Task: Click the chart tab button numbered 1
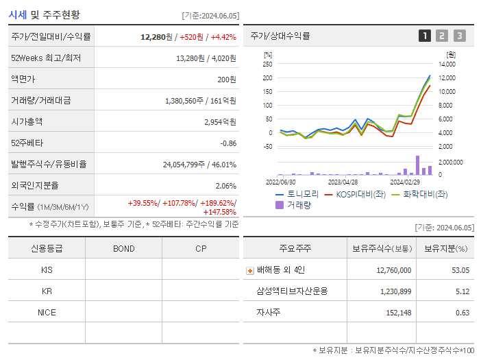(x=425, y=36)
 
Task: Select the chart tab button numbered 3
(x=459, y=36)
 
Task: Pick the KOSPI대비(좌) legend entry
(x=354, y=194)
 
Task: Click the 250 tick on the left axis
(x=267, y=64)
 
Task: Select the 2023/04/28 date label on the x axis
(x=343, y=182)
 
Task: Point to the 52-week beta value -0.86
(x=228, y=143)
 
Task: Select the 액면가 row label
(x=23, y=79)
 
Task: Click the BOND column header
(x=123, y=248)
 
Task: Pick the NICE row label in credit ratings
(x=47, y=312)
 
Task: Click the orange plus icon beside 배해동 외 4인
(x=250, y=270)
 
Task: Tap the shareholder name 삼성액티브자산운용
(x=291, y=291)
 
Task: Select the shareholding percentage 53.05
(x=460, y=270)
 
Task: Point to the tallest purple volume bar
(x=417, y=165)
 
